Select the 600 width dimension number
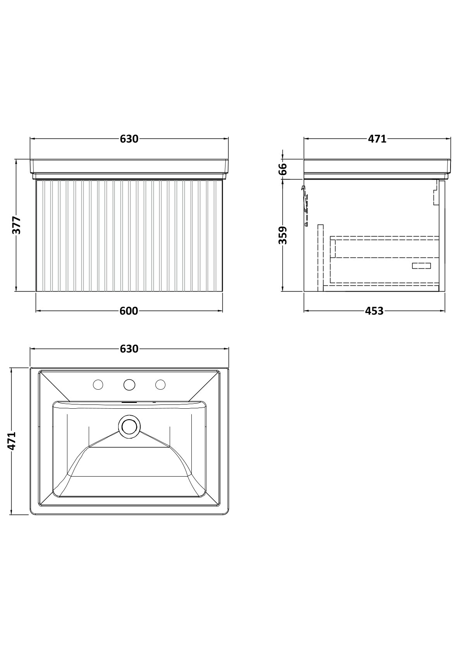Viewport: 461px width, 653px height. [129, 311]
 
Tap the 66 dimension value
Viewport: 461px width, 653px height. [283, 169]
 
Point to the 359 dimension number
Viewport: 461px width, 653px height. [283, 235]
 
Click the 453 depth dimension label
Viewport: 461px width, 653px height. [374, 311]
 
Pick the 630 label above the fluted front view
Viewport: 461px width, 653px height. [129, 139]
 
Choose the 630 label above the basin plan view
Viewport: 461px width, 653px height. [129, 349]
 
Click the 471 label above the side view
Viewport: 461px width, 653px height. [377, 139]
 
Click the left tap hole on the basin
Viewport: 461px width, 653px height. [98, 385]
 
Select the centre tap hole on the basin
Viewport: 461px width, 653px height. [129, 385]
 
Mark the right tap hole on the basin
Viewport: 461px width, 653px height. [160, 385]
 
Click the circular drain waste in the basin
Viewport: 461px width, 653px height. [129, 427]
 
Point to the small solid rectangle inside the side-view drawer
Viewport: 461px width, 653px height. [421, 266]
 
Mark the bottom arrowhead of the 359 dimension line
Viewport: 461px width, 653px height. [282, 288]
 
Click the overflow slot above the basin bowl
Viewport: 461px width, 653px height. [129, 403]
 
